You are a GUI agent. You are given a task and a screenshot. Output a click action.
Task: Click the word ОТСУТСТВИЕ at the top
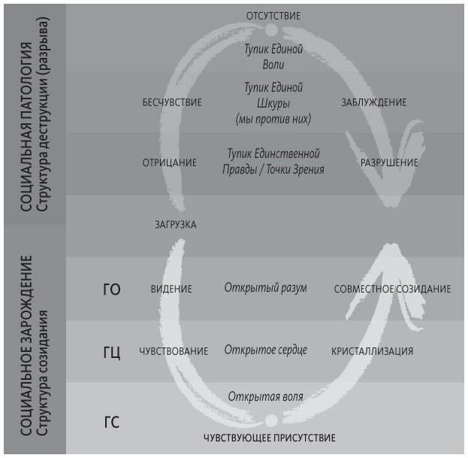tap(273, 16)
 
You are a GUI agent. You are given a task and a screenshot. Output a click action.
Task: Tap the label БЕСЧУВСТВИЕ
tap(172, 102)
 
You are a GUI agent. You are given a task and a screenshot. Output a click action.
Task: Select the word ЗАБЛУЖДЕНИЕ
tap(373, 102)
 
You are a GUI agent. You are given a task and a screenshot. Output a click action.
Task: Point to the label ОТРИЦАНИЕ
tap(169, 163)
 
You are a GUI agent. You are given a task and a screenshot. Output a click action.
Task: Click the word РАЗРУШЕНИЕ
tap(389, 163)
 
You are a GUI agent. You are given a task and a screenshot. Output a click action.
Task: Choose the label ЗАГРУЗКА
tap(176, 225)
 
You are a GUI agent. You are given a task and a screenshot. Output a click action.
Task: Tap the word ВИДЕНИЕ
tap(171, 289)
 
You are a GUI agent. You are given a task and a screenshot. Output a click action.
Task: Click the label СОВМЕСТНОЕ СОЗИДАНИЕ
tap(392, 289)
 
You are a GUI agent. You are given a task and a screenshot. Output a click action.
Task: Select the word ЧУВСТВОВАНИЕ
tap(174, 351)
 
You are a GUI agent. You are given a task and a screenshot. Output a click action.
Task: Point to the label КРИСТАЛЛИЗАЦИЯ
tap(372, 351)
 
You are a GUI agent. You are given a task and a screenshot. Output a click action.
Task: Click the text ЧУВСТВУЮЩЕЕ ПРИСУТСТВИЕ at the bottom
tap(269, 438)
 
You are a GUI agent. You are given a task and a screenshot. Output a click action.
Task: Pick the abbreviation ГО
tap(112, 290)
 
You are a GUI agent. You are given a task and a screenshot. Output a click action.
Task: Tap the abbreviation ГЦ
tap(112, 352)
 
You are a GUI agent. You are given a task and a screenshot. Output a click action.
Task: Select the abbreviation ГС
tap(112, 422)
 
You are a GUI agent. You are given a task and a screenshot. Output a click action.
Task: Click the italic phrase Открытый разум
tap(265, 288)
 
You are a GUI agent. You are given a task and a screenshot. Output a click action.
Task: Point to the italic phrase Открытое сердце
tap(265, 350)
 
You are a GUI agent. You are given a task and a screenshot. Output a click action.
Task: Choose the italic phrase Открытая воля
tap(265, 397)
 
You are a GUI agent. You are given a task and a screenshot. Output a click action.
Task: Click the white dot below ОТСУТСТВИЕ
tap(272, 29)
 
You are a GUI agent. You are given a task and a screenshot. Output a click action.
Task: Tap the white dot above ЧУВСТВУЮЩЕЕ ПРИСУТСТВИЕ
tap(272, 420)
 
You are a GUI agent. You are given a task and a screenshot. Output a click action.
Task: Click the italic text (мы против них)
tap(273, 120)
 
